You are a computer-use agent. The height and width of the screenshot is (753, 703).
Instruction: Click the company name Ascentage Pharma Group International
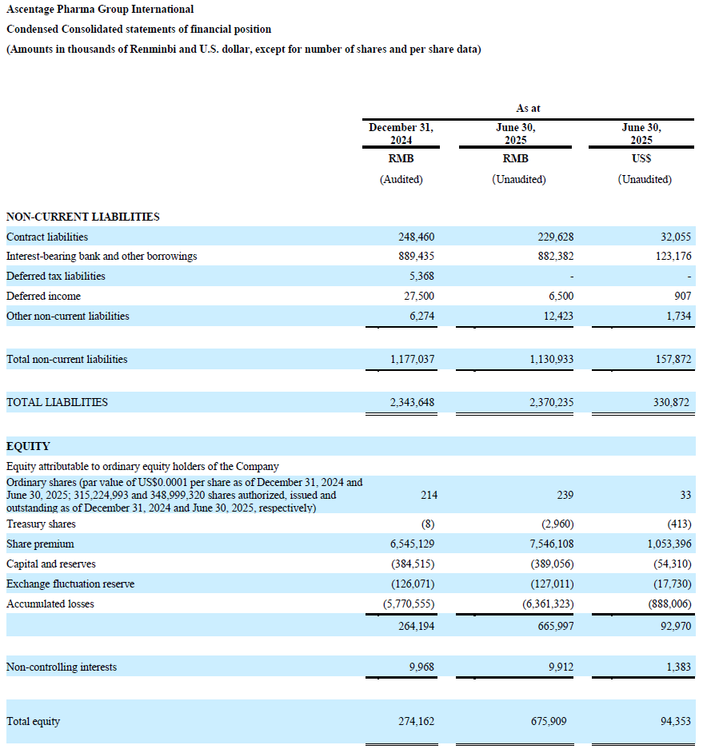coord(100,10)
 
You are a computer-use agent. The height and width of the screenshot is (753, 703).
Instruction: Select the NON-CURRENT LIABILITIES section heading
coord(82,217)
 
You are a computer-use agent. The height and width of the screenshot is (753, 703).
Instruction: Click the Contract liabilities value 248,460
coord(416,237)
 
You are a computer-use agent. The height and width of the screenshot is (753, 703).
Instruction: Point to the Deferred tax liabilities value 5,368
coord(423,277)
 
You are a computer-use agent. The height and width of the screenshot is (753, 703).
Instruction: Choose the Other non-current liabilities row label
coord(67,316)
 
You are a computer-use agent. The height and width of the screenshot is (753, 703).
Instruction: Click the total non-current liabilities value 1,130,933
coord(551,360)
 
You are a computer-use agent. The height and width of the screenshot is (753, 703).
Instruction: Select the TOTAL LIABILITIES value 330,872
coord(671,403)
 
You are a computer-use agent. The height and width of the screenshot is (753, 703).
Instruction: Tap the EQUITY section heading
coord(28,446)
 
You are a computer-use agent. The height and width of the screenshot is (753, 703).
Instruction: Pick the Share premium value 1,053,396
coord(665,544)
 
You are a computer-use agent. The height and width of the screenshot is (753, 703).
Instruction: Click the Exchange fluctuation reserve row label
coord(70,584)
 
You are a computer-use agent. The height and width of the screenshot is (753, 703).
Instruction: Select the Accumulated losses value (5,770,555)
coord(409,604)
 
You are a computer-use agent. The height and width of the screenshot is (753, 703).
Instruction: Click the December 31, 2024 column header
coord(401,133)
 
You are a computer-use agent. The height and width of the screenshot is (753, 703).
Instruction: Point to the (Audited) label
coord(401,180)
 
